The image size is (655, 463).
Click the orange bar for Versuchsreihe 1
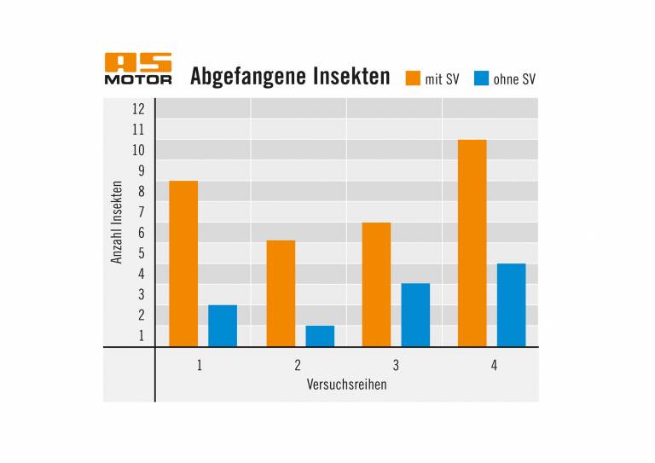[183, 263]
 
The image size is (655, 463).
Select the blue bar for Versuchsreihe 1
[223, 326]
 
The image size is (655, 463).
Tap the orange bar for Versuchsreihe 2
[281, 293]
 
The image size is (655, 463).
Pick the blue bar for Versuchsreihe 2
[320, 336]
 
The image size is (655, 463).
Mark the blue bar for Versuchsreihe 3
[415, 315]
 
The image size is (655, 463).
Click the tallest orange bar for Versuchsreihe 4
[472, 243]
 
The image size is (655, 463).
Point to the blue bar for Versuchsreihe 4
[512, 304]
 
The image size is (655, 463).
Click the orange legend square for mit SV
[413, 78]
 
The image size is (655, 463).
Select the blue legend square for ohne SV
[480, 78]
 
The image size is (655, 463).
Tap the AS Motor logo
[138, 69]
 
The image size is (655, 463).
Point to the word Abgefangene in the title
[245, 78]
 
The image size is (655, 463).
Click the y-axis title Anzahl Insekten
[118, 223]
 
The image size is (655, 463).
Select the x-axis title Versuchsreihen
[346, 385]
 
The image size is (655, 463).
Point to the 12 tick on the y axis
[138, 109]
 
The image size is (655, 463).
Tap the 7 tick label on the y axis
[141, 212]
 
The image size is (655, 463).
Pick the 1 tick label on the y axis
[142, 336]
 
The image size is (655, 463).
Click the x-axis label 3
[396, 366]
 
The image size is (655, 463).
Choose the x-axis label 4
[494, 366]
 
